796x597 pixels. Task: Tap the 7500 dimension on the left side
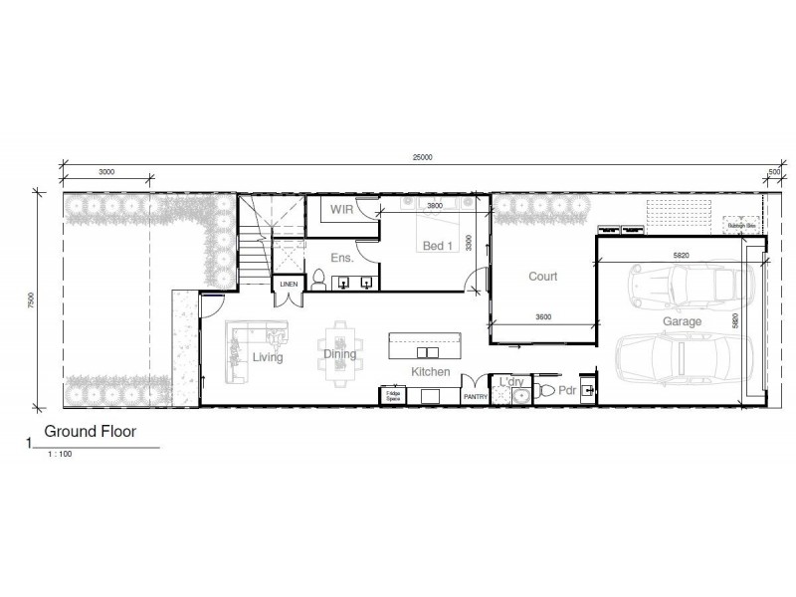click(x=33, y=299)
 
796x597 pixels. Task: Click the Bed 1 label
click(x=439, y=246)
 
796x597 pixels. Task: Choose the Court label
click(x=542, y=277)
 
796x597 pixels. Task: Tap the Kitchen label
click(x=431, y=371)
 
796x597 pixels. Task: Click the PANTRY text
click(x=475, y=397)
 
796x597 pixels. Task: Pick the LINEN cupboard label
click(x=289, y=285)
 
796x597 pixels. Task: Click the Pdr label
click(x=567, y=391)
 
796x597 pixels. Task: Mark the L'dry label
click(x=511, y=382)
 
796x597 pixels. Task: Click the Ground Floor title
click(x=90, y=433)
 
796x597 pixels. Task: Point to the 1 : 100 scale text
click(x=60, y=454)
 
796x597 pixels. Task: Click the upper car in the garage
click(x=683, y=287)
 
